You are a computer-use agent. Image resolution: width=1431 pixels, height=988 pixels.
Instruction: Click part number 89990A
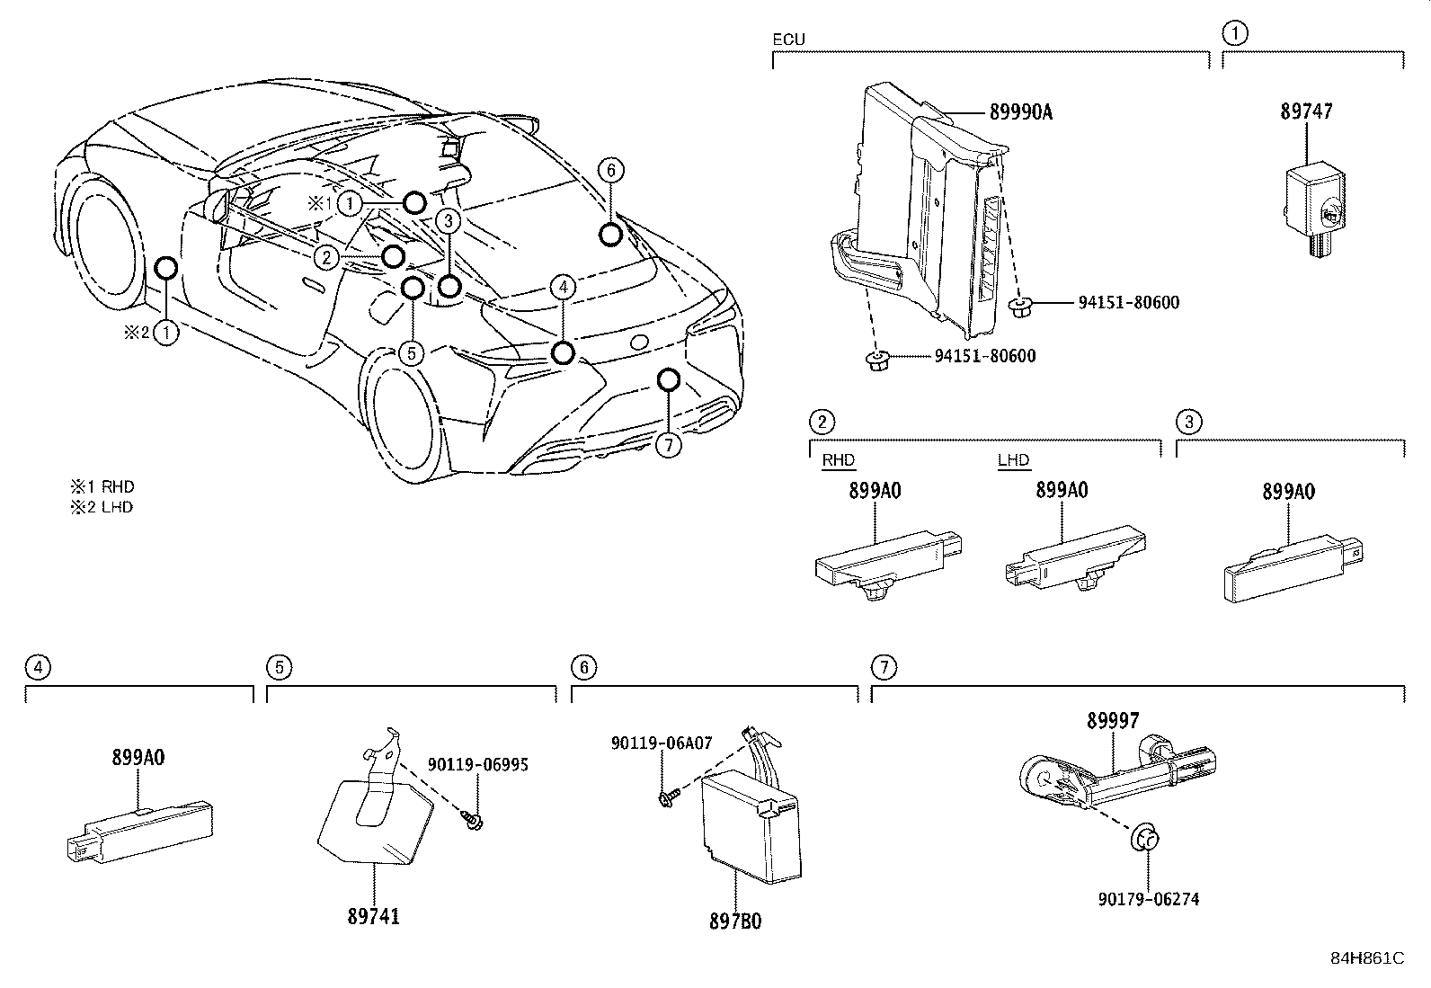(x=1020, y=112)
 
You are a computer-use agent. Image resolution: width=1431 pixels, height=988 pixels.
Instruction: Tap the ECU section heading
(x=788, y=40)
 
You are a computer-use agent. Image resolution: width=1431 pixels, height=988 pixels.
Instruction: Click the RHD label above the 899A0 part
(x=838, y=460)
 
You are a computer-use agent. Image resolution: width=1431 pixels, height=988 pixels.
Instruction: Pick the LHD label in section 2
(x=1013, y=460)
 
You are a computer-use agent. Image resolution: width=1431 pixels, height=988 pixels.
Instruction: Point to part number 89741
(x=373, y=916)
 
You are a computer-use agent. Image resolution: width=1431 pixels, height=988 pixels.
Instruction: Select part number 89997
(x=1112, y=721)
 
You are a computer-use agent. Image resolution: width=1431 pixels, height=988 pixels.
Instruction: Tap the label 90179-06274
(x=1148, y=899)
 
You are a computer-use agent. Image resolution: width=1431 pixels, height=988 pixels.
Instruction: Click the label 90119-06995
(x=477, y=765)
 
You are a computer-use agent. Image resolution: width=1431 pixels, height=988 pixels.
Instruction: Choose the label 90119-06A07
(x=662, y=743)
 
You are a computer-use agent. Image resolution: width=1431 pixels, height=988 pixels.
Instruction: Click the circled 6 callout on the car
(x=609, y=170)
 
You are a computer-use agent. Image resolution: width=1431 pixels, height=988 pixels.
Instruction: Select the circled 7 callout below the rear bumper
(x=668, y=444)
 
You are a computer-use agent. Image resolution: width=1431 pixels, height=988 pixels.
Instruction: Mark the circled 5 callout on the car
(x=411, y=352)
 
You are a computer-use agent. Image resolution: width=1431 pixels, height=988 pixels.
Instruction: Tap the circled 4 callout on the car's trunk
(x=562, y=288)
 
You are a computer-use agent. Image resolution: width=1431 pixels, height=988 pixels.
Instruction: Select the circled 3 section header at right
(x=1188, y=422)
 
